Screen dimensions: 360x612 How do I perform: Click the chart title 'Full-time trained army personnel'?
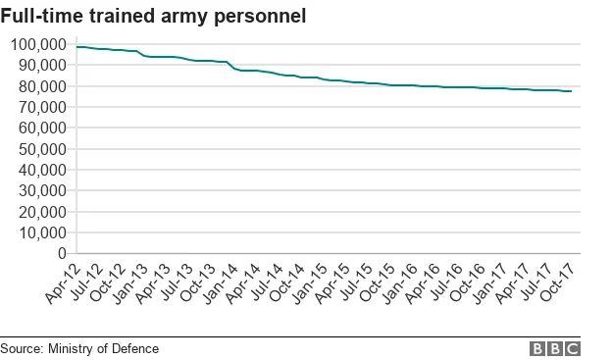click(153, 16)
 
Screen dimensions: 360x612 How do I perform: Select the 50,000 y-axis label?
click(40, 149)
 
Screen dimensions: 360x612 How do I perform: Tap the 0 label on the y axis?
click(60, 254)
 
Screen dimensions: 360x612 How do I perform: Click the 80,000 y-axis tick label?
click(40, 86)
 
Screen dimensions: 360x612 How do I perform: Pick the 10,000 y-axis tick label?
click(40, 233)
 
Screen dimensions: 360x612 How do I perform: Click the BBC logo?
click(555, 348)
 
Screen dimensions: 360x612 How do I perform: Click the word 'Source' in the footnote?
click(21, 348)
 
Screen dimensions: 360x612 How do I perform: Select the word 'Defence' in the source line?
click(136, 348)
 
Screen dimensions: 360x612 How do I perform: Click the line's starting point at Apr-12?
click(77, 47)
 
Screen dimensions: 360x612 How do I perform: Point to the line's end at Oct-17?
click(572, 91)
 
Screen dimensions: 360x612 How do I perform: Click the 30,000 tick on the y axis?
click(40, 191)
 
